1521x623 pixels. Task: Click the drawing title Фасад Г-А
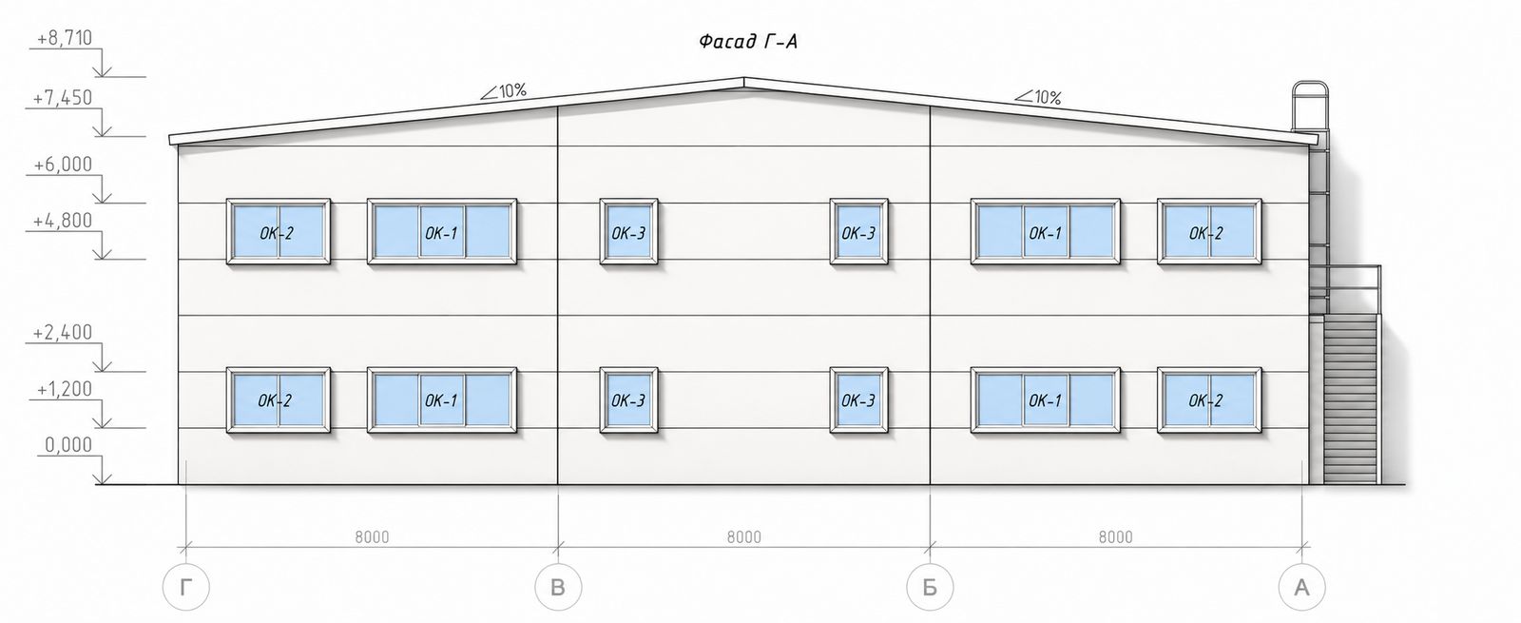point(747,42)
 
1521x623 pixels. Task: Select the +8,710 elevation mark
point(65,38)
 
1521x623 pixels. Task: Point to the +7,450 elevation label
point(63,99)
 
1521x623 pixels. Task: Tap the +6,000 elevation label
point(63,165)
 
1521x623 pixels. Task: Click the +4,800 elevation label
point(63,221)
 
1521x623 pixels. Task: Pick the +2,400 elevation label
point(63,333)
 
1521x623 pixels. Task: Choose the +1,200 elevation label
point(65,389)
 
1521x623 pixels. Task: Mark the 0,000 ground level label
point(68,445)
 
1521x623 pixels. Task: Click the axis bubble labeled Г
point(186,587)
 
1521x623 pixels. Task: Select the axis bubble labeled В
point(558,587)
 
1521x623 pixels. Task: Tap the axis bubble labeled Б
point(931,587)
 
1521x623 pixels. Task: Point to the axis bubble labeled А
point(1301,587)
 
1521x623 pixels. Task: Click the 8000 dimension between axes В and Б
point(744,537)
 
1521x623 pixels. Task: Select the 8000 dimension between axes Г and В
point(372,537)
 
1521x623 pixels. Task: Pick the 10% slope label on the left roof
point(504,91)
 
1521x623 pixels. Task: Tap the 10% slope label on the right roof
point(1038,97)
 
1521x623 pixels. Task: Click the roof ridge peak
point(744,78)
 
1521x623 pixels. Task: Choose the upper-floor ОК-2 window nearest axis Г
point(279,231)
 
